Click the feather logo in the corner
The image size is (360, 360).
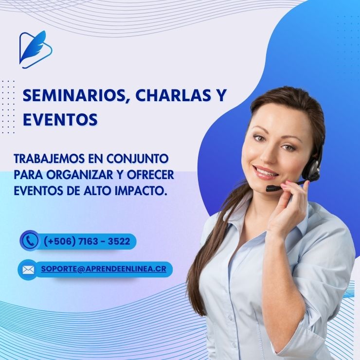[36, 50]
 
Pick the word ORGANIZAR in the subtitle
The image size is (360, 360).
[80, 175]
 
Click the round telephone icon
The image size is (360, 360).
[29, 240]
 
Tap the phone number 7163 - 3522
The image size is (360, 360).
[104, 241]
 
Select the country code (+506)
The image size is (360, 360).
[60, 241]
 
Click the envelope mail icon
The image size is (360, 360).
[28, 270]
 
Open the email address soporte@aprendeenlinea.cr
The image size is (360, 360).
[104, 269]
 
